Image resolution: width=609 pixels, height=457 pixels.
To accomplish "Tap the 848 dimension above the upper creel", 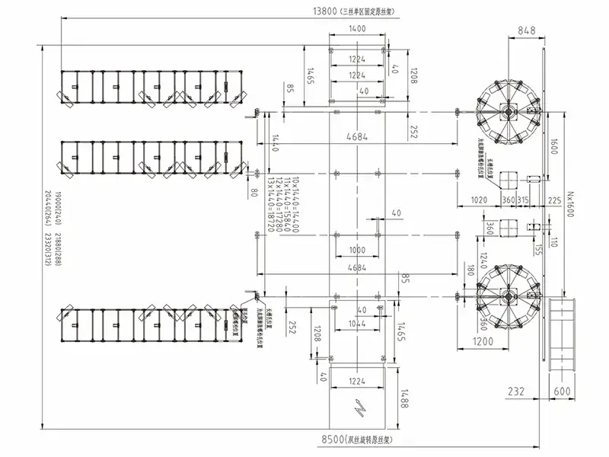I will (526, 30).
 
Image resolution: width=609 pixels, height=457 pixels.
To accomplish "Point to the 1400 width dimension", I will (357, 28).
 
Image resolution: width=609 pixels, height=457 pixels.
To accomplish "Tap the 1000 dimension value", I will (356, 251).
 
